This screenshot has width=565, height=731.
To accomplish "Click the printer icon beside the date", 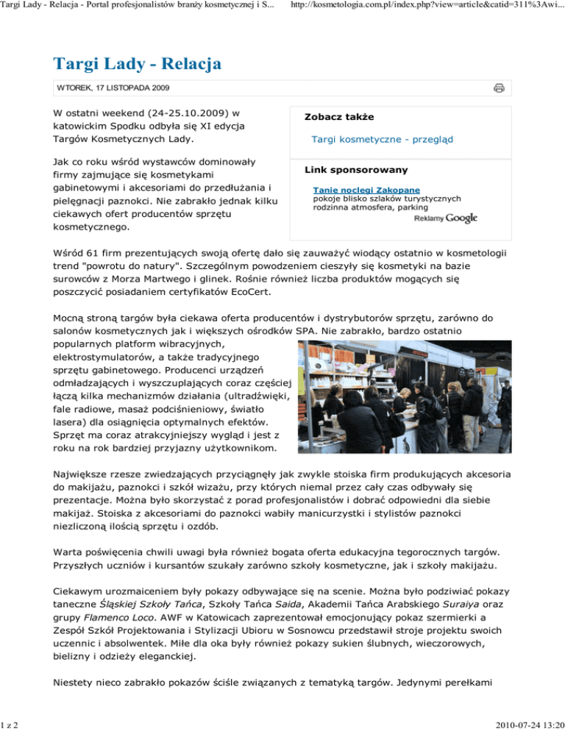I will click(499, 88).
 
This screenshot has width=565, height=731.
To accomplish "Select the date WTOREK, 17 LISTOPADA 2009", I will click(113, 88).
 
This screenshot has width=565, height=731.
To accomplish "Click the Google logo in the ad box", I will click(461, 218).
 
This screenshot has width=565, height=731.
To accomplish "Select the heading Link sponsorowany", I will click(356, 170).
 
